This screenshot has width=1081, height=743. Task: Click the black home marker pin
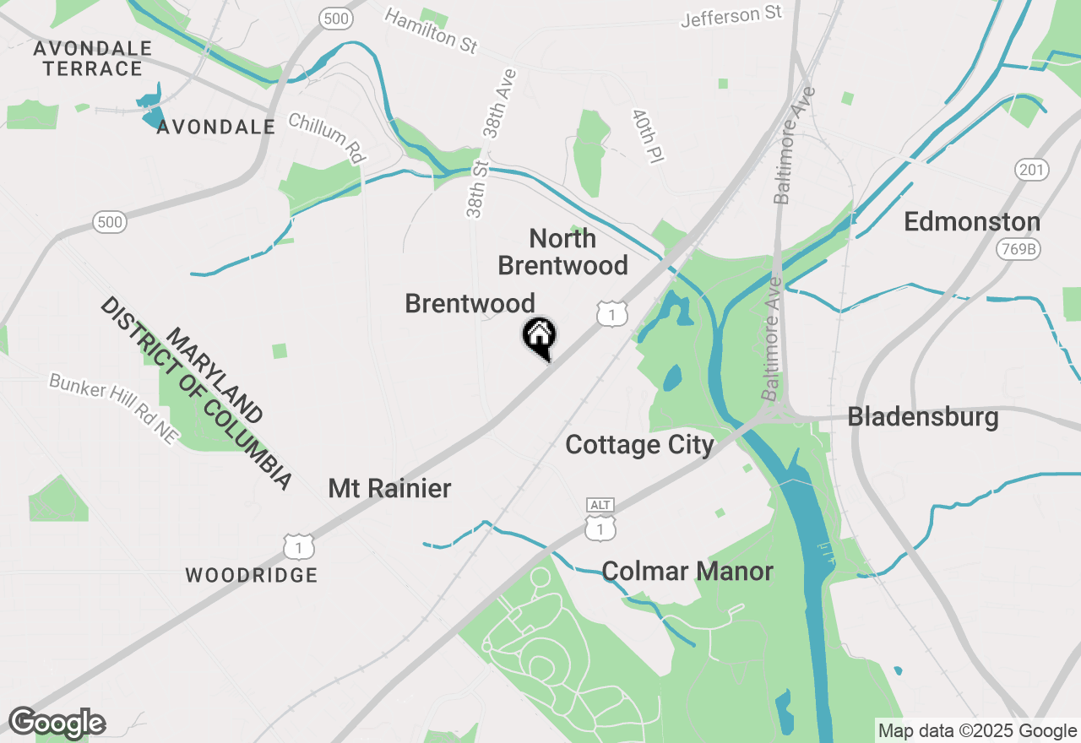(x=539, y=336)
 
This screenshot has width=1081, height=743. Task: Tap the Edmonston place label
(x=971, y=222)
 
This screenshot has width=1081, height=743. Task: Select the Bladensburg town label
(x=923, y=417)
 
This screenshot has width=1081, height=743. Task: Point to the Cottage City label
(x=639, y=445)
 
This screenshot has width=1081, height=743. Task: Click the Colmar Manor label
(x=687, y=572)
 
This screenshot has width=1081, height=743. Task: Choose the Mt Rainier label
(x=389, y=488)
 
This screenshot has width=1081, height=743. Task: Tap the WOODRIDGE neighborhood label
(x=251, y=576)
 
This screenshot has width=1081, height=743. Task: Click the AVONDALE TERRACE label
(x=93, y=58)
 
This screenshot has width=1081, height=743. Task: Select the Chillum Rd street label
(x=326, y=137)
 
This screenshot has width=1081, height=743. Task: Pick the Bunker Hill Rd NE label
(x=114, y=409)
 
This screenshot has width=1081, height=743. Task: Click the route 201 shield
(x=1032, y=170)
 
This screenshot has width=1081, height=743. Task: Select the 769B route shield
(x=1018, y=249)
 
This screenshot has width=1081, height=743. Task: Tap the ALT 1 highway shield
(x=600, y=519)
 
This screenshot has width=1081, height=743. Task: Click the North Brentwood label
(x=562, y=252)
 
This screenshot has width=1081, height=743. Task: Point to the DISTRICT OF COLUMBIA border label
(x=196, y=393)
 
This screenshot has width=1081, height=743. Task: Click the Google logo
(x=57, y=723)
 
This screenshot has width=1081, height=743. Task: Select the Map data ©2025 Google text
(x=977, y=731)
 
